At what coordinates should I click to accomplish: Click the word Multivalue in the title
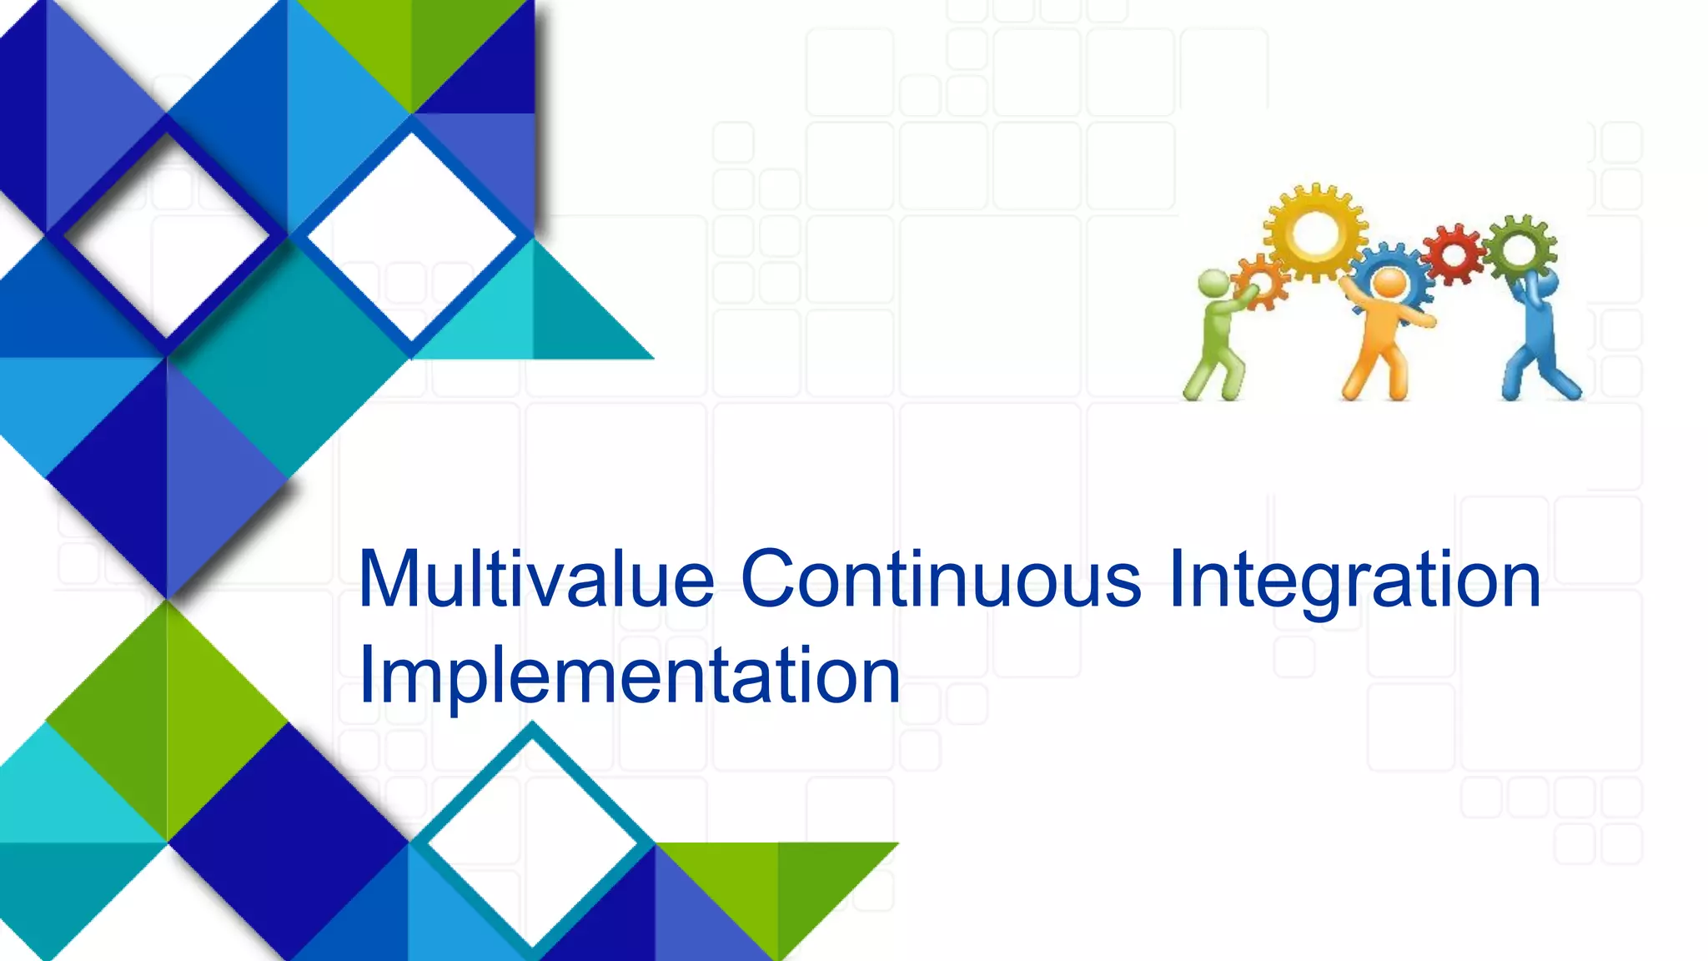(536, 579)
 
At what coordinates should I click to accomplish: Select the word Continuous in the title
(941, 579)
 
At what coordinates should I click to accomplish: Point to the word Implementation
(630, 676)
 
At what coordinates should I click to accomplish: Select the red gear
(1454, 254)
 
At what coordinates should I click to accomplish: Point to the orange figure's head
(1389, 282)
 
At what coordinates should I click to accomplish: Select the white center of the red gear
(1454, 254)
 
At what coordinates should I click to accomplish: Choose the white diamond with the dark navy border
(167, 236)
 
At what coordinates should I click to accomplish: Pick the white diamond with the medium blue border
(411, 236)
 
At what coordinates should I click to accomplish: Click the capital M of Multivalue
(389, 579)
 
